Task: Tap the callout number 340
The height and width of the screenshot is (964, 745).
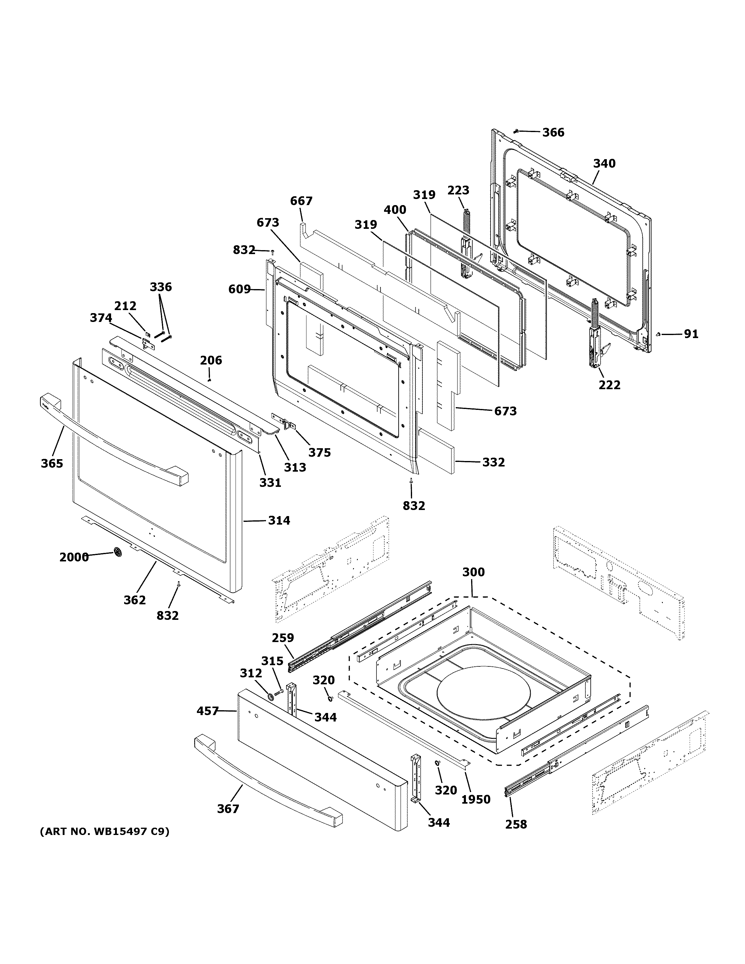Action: coord(604,163)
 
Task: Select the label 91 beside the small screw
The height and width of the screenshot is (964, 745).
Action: coord(691,334)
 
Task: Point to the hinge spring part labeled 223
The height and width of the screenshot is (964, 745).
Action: coord(467,221)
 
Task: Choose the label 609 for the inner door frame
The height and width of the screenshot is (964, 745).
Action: coord(239,290)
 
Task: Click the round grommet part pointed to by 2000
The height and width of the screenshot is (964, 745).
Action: coord(117,552)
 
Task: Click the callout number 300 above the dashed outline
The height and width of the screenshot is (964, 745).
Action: coord(473,572)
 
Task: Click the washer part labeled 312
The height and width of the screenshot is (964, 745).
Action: coord(270,697)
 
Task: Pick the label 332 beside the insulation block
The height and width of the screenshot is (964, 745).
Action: coord(493,462)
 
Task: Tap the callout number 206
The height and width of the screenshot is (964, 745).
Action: coord(211,360)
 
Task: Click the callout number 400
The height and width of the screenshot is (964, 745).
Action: coord(395,210)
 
